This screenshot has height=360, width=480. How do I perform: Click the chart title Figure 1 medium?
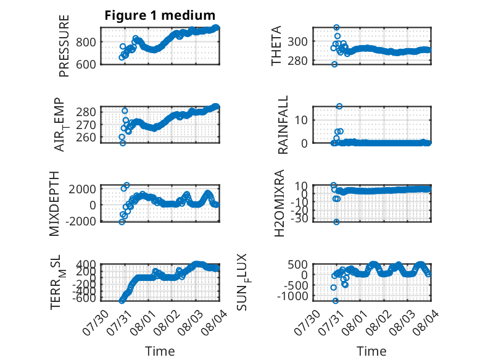(x=160, y=15)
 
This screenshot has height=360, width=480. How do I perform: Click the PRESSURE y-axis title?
(x=64, y=46)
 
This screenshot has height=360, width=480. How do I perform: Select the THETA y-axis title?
(x=276, y=46)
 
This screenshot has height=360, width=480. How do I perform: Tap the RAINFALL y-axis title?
(x=283, y=125)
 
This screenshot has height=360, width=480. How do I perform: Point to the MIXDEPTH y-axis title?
(x=54, y=204)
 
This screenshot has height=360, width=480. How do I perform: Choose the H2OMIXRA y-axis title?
(x=279, y=203)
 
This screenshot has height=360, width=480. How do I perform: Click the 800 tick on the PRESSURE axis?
(x=86, y=42)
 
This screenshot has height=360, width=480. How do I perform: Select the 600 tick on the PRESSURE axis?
(x=86, y=64)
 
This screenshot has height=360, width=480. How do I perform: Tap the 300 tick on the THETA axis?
(x=297, y=41)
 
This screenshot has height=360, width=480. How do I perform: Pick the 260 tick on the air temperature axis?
(x=86, y=138)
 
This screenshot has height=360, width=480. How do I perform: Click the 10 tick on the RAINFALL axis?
(x=301, y=120)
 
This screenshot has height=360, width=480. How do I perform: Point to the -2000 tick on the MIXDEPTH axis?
(x=80, y=221)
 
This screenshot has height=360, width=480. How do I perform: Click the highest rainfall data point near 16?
(x=339, y=106)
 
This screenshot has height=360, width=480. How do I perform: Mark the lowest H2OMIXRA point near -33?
(x=336, y=222)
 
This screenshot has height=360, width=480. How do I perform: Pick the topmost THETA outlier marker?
(x=336, y=28)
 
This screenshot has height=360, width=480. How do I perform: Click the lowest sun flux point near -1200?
(x=336, y=301)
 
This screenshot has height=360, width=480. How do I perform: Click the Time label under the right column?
(x=371, y=351)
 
